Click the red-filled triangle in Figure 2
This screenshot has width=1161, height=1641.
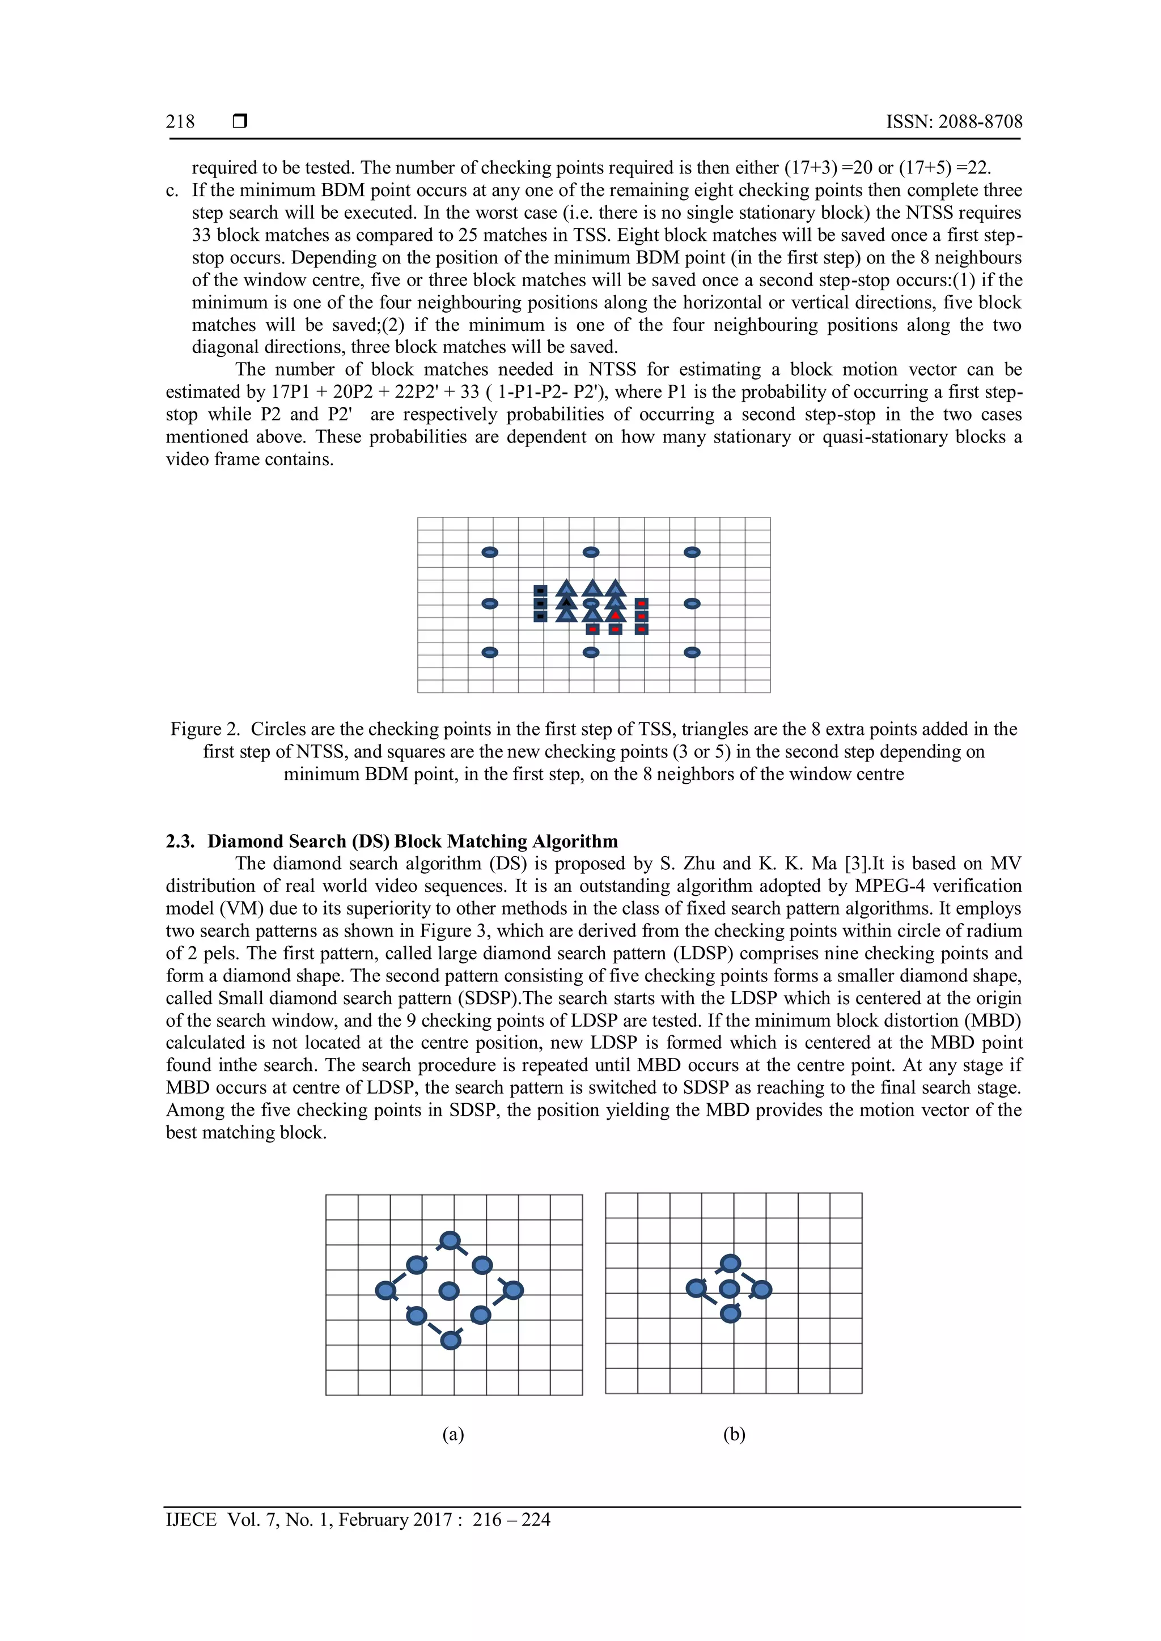[616, 615]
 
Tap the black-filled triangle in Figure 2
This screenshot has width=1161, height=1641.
[566, 602]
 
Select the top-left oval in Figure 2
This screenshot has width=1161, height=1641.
[490, 552]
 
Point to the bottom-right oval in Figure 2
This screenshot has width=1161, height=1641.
[692, 652]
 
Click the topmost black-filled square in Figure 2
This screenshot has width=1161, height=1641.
[540, 590]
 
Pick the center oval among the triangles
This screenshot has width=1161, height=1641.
[591, 603]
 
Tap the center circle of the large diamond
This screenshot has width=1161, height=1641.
[449, 1290]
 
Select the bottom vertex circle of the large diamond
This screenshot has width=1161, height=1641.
[450, 1340]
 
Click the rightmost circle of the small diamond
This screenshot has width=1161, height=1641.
[762, 1289]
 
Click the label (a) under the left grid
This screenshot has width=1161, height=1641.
[454, 1434]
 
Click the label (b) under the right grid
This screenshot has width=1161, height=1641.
[734, 1434]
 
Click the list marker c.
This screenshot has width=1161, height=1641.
[172, 191]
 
